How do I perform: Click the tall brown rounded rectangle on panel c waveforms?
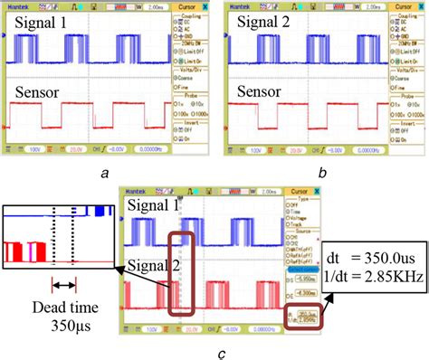[x=183, y=263]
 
